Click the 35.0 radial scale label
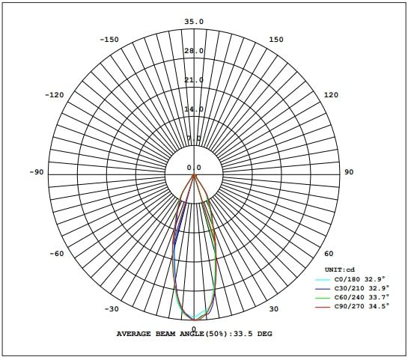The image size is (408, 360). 194,22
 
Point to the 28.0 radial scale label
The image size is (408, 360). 194,51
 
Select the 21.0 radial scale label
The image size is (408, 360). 194,80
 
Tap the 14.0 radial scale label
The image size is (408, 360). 194,109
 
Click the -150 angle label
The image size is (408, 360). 109,40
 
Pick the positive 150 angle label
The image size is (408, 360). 275,40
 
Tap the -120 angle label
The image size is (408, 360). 55,95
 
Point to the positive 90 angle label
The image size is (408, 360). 348,172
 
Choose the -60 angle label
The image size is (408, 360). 56,254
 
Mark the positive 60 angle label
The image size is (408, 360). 329,254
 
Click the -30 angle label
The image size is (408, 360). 112,309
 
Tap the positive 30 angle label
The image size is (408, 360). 273,309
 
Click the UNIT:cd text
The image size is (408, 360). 338,269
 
